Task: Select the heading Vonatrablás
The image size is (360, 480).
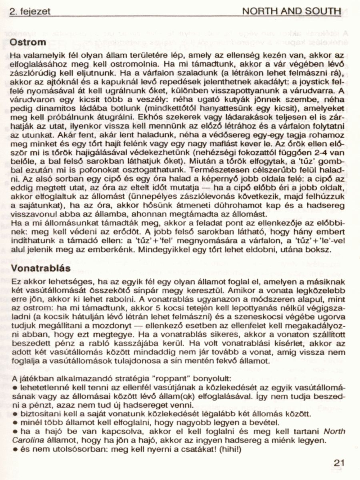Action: pos(41,268)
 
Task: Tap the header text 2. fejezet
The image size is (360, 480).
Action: pos(30,11)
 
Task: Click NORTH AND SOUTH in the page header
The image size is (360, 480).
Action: pos(292,11)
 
